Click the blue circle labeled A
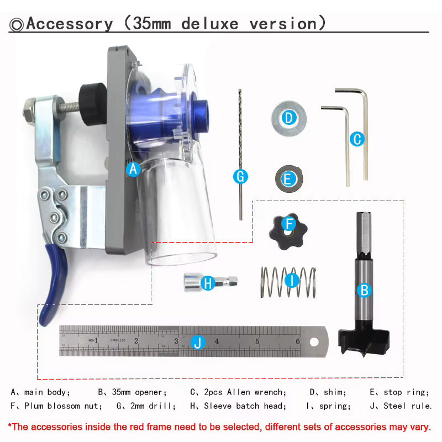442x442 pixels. [133, 169]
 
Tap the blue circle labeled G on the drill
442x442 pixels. [240, 177]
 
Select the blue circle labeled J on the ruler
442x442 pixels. [198, 342]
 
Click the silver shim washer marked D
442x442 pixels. [289, 118]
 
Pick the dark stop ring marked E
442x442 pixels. [289, 179]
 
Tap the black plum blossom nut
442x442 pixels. [288, 231]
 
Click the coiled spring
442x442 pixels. [288, 282]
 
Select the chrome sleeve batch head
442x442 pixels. [211, 282]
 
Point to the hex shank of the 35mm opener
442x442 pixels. [364, 234]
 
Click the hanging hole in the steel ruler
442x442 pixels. [314, 342]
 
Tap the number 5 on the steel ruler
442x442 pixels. [257, 341]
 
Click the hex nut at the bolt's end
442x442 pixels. [29, 110]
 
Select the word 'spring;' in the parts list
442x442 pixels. [335, 406]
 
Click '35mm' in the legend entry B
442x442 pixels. [121, 392]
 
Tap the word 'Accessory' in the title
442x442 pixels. [70, 24]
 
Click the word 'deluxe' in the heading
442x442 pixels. [210, 24]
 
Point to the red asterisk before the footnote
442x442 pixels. [10, 425]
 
